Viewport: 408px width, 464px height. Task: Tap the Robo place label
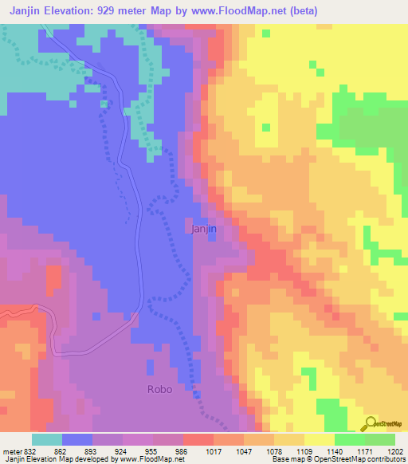[x=159, y=390]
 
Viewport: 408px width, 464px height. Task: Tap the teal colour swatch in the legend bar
[x=47, y=439]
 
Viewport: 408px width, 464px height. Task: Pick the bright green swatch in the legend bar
[x=350, y=439]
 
